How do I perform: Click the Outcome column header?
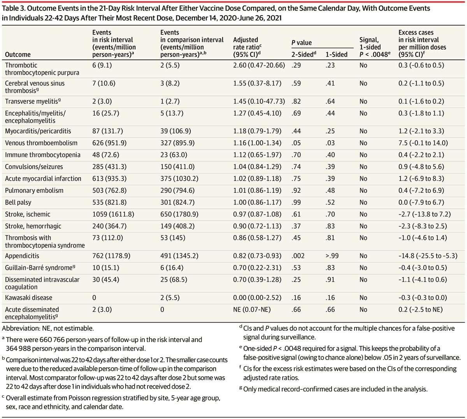(18, 55)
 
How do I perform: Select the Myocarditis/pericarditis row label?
(38, 131)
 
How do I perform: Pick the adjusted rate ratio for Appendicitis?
(257, 256)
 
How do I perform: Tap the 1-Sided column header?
(336, 55)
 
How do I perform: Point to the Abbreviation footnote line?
(48, 328)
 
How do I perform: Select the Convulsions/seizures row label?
(34, 167)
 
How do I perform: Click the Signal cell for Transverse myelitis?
(363, 101)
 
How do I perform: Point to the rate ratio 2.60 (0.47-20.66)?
(259, 65)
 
